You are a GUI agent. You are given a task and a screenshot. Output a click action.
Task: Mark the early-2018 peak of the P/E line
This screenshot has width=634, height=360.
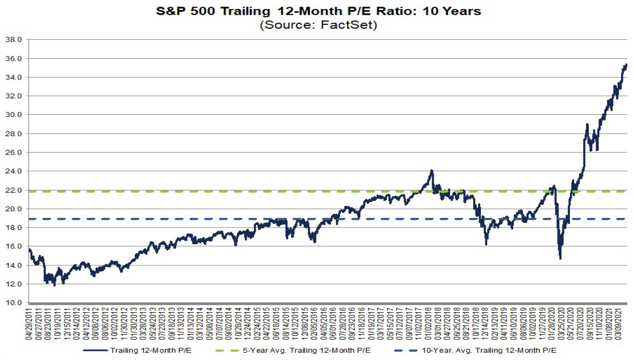coord(431,170)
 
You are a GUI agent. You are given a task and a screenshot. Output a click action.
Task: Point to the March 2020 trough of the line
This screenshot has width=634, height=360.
coord(560,259)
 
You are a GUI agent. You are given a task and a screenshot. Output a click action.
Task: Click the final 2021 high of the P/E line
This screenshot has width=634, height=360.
coord(626,65)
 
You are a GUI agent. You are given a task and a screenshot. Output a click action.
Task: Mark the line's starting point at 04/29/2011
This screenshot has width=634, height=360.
coord(30,249)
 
